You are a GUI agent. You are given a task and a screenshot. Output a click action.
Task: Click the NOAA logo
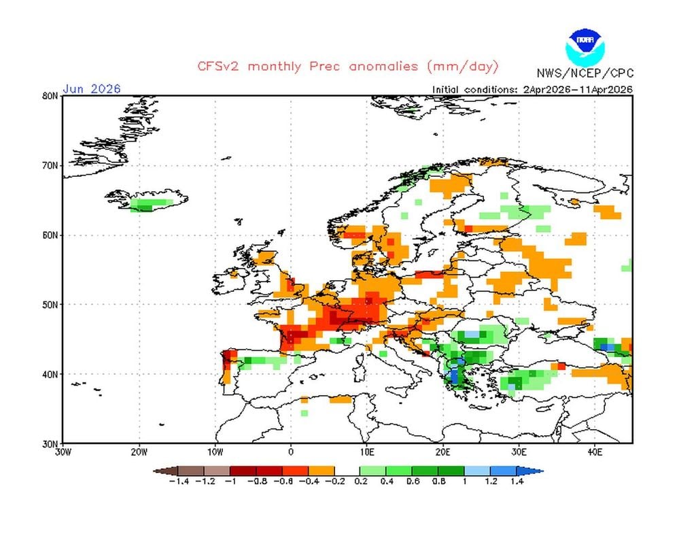pyautogui.click(x=585, y=46)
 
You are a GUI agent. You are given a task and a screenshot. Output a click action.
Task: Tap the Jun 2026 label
pyautogui.click(x=92, y=88)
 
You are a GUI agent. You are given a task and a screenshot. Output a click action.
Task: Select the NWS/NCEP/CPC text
pyautogui.click(x=584, y=73)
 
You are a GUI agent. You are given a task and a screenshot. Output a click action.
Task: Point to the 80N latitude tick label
pyautogui.click(x=50, y=96)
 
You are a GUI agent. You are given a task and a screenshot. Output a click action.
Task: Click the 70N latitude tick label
pyautogui.click(x=50, y=165)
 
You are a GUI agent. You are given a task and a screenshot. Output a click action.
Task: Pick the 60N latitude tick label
pyautogui.click(x=50, y=235)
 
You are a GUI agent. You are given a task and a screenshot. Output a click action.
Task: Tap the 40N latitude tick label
pyautogui.click(x=50, y=373)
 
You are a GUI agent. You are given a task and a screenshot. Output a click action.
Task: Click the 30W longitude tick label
pyautogui.click(x=63, y=451)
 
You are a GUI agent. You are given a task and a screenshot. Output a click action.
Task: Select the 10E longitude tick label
pyautogui.click(x=367, y=451)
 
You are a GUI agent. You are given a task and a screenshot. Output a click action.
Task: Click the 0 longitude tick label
pyautogui.click(x=291, y=451)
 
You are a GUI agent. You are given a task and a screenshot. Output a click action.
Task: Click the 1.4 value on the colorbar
pyautogui.click(x=517, y=482)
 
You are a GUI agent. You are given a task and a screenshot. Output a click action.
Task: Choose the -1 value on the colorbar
pyautogui.click(x=231, y=482)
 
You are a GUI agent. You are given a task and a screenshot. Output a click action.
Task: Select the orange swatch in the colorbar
pyautogui.click(x=321, y=471)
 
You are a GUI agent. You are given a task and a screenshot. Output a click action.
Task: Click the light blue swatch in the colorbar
pyautogui.click(x=478, y=471)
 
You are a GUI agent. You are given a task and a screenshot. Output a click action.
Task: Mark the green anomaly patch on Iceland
pyautogui.click(x=151, y=203)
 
